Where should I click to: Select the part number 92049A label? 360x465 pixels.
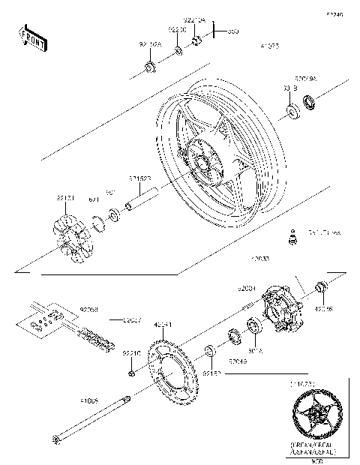pyautogui.click(x=305, y=78)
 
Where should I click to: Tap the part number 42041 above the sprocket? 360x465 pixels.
pyautogui.click(x=163, y=325)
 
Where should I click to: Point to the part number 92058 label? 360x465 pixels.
pyautogui.click(x=88, y=308)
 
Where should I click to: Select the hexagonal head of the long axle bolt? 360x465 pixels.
pyautogui.click(x=56, y=439)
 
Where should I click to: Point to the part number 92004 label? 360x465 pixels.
pyautogui.click(x=248, y=288)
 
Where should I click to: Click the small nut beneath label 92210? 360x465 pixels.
pyautogui.click(x=131, y=373)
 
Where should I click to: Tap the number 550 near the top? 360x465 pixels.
pyautogui.click(x=233, y=31)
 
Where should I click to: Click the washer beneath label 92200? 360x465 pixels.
pyautogui.click(x=178, y=51)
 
